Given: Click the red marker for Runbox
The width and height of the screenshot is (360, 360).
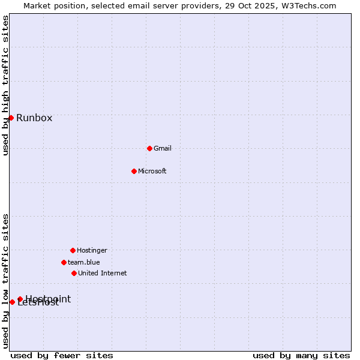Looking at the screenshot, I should pos(11,118).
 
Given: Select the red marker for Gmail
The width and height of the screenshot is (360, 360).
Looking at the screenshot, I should pos(149,148).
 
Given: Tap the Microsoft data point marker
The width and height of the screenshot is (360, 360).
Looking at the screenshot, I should pos(134,171).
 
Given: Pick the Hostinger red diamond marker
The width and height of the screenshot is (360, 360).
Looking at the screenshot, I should pos(73,250).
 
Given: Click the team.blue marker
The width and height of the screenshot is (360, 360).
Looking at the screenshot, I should pos(64,262).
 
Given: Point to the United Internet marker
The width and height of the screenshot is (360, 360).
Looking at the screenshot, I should pos(74,273).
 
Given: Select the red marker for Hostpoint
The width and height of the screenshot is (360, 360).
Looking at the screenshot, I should pos(20,299).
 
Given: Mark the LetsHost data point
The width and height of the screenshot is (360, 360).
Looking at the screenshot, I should pos(12,302).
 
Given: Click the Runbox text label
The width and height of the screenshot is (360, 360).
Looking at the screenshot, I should pos(34,118).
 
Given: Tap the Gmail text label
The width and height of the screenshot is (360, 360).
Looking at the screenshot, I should pos(163,148).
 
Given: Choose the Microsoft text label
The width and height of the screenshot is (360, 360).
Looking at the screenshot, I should pos(152,171).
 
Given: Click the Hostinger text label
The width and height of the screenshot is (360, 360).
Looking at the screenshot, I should pos(92,250).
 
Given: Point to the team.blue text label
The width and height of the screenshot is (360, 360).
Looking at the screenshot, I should pos(84,262).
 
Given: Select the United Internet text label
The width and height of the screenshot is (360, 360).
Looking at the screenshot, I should pos(103,273).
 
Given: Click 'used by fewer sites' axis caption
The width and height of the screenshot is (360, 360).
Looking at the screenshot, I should pos(62,355).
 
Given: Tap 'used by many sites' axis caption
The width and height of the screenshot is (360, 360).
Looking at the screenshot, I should pos(301,355).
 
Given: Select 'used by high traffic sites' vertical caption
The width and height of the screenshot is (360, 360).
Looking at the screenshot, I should pos(6,85).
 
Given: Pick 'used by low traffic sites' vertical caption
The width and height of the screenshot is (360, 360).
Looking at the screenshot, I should pos(6,281).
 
